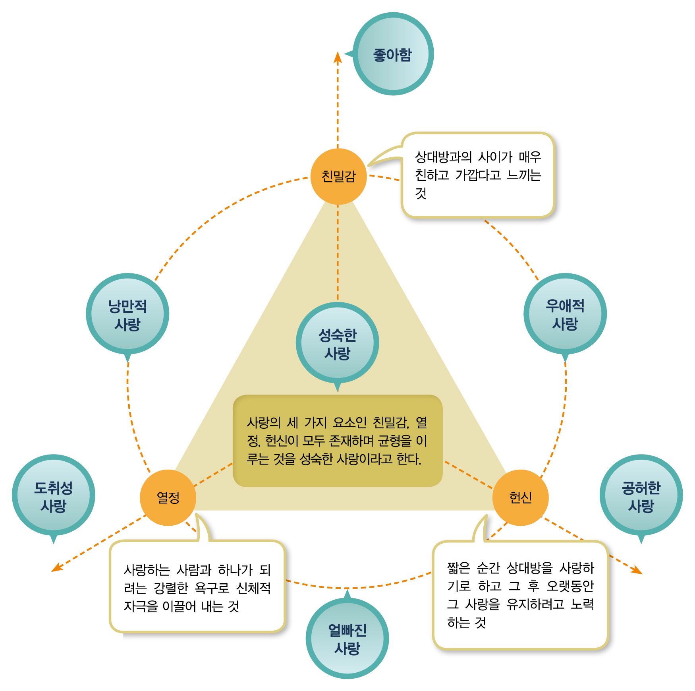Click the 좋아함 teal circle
(393, 54)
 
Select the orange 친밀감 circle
(338, 176)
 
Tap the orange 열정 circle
(168, 497)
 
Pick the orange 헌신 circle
(520, 497)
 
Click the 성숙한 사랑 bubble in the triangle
(337, 343)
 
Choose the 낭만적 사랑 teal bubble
(127, 314)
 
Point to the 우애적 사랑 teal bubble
(565, 314)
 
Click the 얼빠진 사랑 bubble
(347, 638)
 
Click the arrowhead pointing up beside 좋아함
(338, 57)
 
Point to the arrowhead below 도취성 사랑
(57, 567)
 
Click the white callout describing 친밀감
(478, 175)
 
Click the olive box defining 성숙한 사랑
(338, 441)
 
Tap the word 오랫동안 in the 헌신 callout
(570, 586)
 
